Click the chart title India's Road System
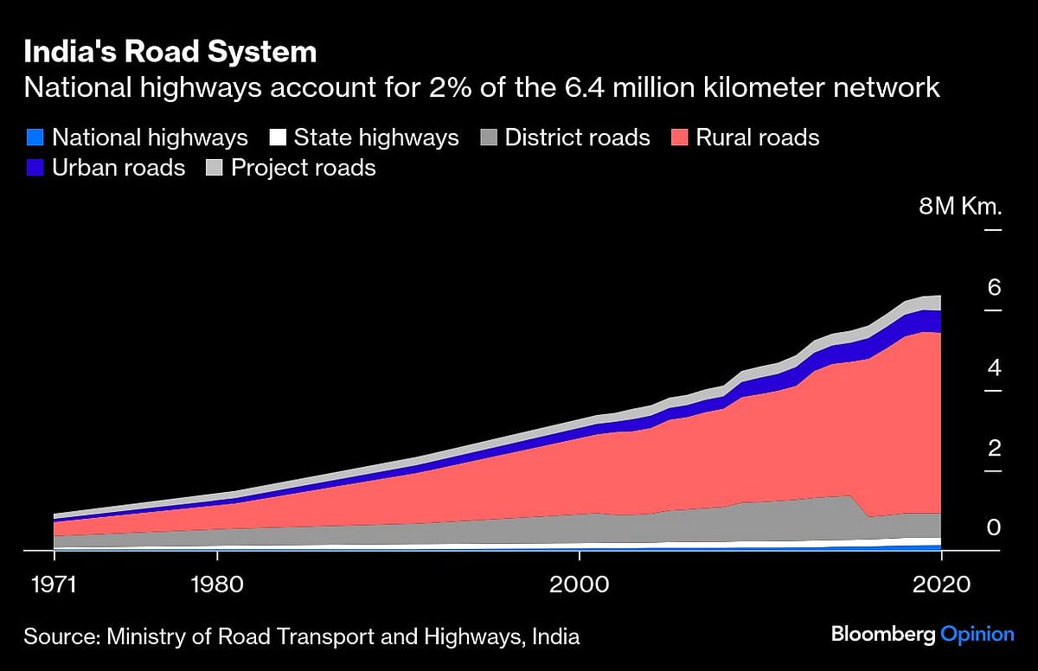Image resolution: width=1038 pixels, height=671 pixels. click(170, 53)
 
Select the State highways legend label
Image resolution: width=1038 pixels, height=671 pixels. click(376, 137)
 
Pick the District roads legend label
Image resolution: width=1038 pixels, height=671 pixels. click(577, 137)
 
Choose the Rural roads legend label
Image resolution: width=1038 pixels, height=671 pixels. click(758, 137)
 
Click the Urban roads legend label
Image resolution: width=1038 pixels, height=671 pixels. click(119, 167)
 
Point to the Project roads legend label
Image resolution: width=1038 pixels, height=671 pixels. click(304, 167)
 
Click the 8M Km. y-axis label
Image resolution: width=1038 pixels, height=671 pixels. click(960, 208)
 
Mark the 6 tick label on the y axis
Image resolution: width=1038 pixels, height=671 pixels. click(994, 288)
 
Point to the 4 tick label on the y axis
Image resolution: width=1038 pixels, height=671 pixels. click(994, 368)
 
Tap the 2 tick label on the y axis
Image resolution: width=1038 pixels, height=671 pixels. click(994, 448)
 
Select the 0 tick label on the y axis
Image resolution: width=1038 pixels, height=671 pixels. click(994, 528)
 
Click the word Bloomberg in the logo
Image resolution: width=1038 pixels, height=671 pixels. click(883, 636)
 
